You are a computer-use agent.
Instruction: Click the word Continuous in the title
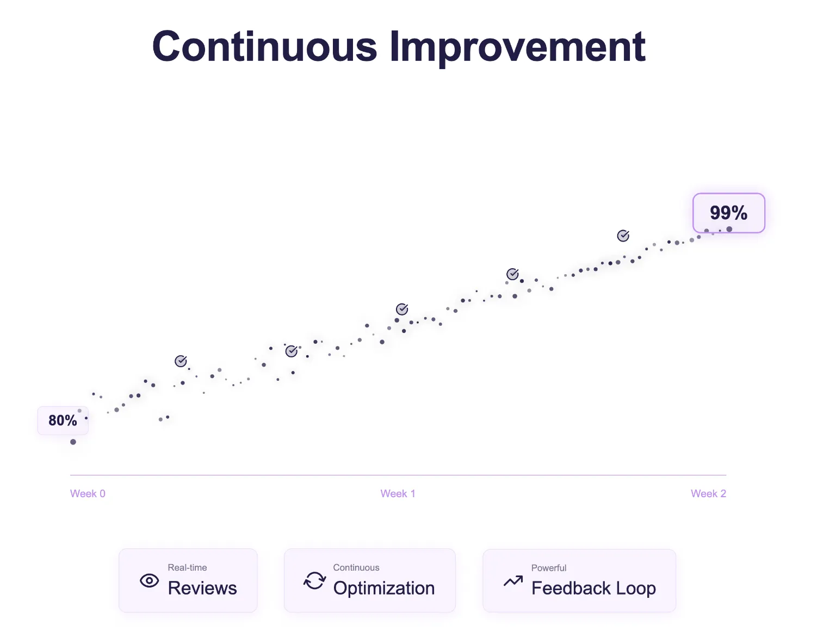(264, 47)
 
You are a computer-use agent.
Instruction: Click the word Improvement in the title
(517, 47)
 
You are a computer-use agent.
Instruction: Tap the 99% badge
(728, 213)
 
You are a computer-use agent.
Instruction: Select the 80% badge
(63, 420)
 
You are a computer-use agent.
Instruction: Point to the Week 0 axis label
(88, 494)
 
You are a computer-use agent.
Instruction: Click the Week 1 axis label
(398, 494)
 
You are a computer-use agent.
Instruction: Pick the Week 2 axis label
(708, 494)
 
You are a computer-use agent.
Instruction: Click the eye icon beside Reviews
(150, 580)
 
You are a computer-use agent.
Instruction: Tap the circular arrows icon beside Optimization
(314, 580)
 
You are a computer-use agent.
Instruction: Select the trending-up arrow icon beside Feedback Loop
(513, 581)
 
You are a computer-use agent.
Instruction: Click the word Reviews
(202, 588)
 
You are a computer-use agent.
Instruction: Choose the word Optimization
(383, 588)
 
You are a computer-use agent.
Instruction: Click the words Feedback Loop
(593, 588)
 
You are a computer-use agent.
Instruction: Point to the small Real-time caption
(187, 567)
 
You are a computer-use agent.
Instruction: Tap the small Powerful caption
(549, 568)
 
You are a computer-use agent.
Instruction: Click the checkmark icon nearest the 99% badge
(623, 236)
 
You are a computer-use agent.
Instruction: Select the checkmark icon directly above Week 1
(402, 310)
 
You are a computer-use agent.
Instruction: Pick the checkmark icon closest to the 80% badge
(181, 361)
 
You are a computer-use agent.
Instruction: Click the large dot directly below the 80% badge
(73, 442)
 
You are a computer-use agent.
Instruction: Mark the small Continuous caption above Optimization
(356, 567)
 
